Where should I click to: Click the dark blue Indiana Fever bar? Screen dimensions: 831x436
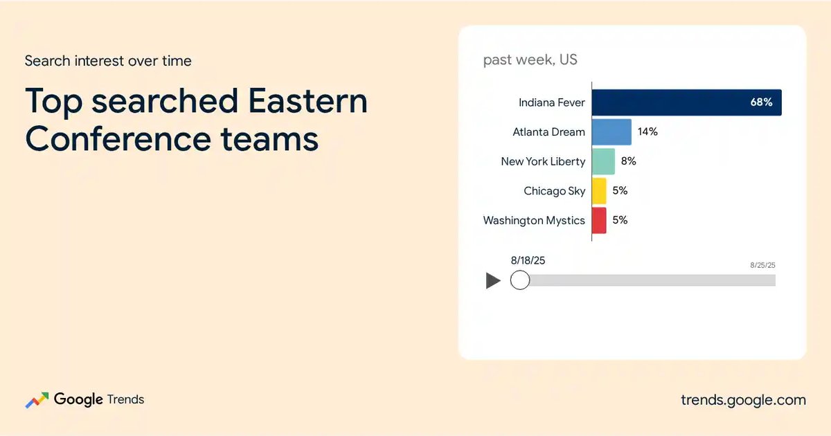point(687,102)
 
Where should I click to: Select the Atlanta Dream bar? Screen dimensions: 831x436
point(611,132)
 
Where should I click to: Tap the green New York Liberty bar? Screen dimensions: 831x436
point(604,161)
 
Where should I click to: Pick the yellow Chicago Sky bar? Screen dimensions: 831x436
point(599,191)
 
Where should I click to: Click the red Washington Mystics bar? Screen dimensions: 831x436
point(599,220)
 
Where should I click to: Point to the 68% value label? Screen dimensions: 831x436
point(761,102)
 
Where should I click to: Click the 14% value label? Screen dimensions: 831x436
point(647,131)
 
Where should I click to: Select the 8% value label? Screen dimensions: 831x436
point(629,161)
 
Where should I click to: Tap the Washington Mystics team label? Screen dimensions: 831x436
point(534,221)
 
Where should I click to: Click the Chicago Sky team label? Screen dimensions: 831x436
point(554,191)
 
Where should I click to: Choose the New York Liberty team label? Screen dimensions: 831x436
point(543,162)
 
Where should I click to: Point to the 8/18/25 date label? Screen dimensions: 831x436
point(528,260)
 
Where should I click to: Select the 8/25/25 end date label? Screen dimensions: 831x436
point(762,265)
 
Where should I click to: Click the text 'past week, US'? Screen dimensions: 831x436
point(530,60)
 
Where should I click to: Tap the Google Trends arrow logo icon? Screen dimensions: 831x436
point(37,400)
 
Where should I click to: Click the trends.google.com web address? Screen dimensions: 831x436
point(744,400)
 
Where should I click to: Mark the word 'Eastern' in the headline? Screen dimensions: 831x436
point(307,101)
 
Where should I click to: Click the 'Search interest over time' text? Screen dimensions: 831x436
point(108,61)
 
